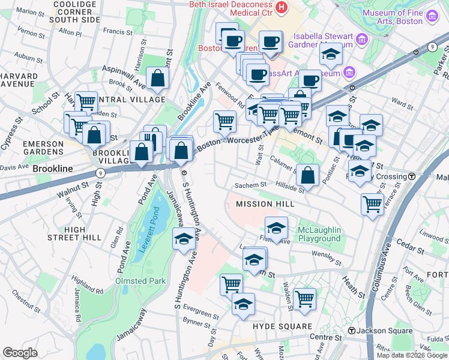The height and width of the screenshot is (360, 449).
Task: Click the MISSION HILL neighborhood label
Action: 265,204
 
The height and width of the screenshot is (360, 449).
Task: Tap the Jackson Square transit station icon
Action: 351,331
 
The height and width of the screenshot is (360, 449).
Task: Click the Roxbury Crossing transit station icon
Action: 412,176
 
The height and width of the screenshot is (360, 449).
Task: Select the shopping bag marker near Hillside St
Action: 307,175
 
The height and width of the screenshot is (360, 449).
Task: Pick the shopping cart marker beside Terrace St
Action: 372,203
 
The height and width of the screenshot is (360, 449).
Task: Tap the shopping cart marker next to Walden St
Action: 304,297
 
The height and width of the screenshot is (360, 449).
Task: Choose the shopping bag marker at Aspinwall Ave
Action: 157,77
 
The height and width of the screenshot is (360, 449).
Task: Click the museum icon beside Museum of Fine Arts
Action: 431,14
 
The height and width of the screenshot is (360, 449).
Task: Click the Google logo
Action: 20,353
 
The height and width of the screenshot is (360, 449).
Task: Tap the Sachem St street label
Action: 250,185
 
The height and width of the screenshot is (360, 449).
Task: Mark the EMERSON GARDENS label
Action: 43,148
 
